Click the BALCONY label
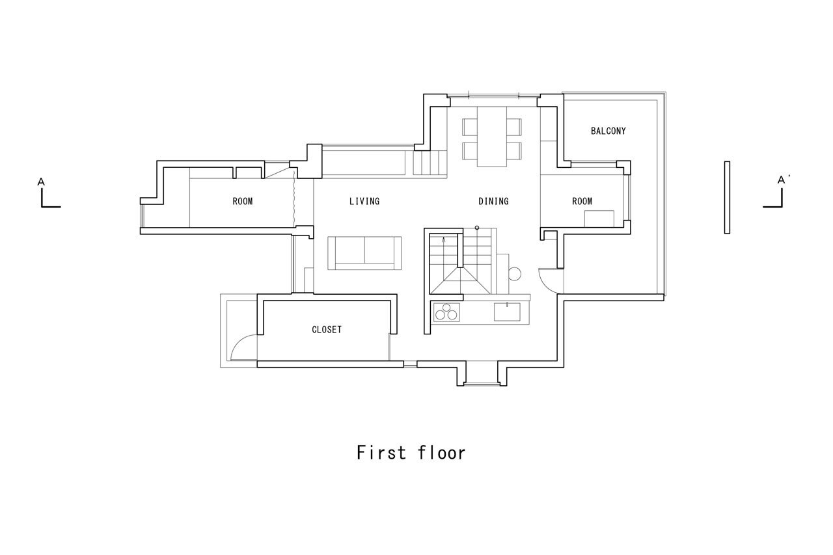(x=608, y=131)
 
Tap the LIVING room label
(x=364, y=201)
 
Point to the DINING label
(x=493, y=201)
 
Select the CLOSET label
(x=327, y=329)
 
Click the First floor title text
(x=411, y=453)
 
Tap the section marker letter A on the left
(x=41, y=182)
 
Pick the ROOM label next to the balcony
(x=582, y=201)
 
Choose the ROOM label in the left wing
(x=243, y=201)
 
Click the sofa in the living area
(x=364, y=253)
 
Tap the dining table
(x=492, y=137)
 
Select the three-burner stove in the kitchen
(x=446, y=312)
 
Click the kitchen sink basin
(x=507, y=312)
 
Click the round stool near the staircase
(x=515, y=274)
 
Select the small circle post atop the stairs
(x=477, y=228)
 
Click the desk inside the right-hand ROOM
(x=599, y=219)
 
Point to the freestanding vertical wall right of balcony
(x=727, y=197)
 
